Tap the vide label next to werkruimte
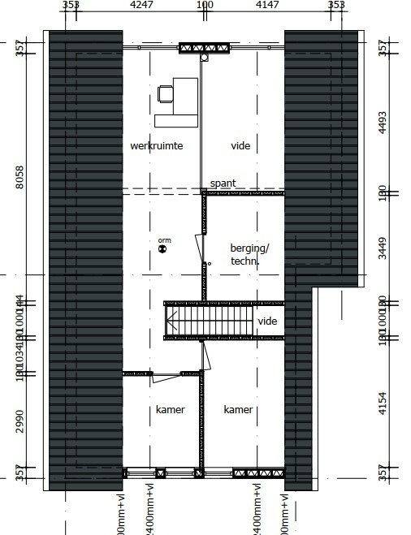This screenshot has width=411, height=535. click(240, 146)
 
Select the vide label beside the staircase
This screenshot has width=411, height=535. click(267, 321)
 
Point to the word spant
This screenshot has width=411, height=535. click(223, 183)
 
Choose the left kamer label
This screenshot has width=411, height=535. click(170, 410)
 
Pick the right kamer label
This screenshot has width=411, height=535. click(238, 410)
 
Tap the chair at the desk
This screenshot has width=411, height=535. click(166, 93)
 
